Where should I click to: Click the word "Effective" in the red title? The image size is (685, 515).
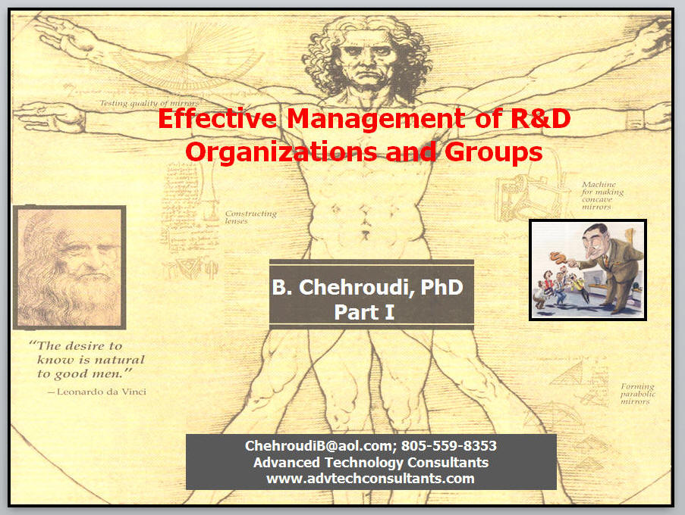(217, 118)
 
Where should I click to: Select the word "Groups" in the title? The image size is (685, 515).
(494, 152)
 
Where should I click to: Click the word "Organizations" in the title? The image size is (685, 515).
(281, 152)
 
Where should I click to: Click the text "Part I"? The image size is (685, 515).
(364, 312)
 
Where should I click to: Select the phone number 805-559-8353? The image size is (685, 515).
(448, 445)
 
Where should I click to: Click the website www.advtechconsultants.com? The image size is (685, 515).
(370, 479)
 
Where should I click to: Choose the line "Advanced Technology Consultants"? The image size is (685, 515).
(371, 462)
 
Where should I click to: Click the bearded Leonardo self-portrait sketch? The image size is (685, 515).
(70, 267)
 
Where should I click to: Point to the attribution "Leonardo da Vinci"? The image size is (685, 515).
(102, 392)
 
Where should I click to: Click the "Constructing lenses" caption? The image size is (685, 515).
(251, 217)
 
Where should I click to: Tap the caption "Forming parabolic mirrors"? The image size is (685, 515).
(638, 394)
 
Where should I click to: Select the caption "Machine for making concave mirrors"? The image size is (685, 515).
(602, 196)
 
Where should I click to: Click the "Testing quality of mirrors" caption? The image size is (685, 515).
(149, 103)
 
